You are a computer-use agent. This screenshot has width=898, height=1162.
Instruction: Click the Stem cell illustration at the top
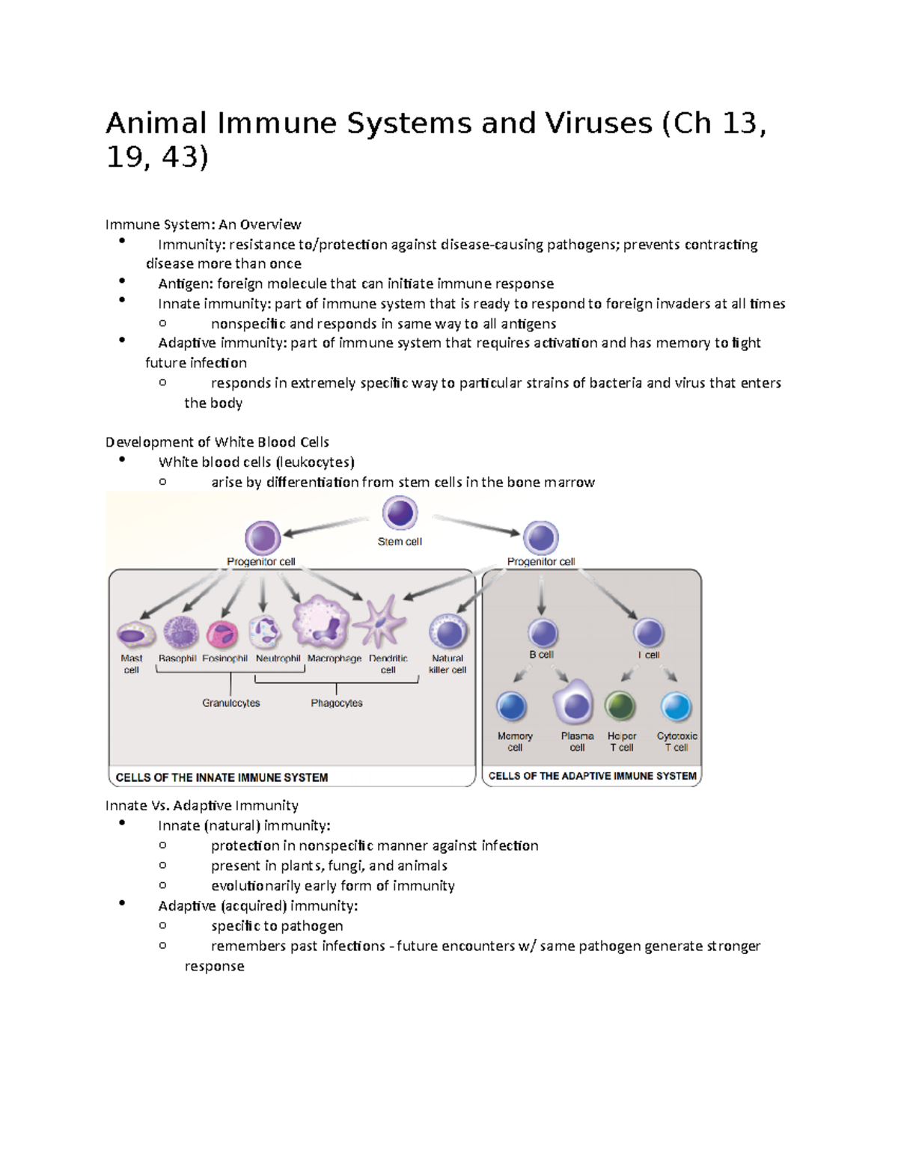[400, 514]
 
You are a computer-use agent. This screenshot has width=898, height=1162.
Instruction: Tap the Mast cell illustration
[135, 635]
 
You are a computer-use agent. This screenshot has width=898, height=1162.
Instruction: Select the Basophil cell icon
[180, 632]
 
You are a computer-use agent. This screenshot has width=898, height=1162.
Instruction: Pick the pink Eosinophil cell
[222, 634]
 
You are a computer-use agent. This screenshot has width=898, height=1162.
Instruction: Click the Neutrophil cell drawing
[265, 632]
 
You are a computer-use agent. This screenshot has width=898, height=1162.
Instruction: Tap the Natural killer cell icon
[448, 632]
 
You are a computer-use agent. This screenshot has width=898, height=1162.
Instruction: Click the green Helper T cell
[620, 706]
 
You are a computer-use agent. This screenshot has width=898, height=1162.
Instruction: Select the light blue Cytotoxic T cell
[676, 707]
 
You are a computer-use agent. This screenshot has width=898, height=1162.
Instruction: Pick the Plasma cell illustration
[574, 704]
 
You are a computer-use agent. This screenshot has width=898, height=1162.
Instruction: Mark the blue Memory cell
[512, 706]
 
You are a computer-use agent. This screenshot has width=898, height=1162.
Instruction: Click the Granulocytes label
[231, 703]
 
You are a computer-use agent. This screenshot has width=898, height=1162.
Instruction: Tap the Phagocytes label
[337, 703]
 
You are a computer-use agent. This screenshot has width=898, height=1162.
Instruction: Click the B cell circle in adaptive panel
[543, 633]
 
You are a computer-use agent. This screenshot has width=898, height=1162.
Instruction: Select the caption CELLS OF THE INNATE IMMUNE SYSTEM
[222, 777]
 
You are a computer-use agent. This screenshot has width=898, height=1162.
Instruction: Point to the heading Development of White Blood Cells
[217, 442]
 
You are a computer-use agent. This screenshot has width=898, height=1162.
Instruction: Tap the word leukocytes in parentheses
[315, 462]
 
